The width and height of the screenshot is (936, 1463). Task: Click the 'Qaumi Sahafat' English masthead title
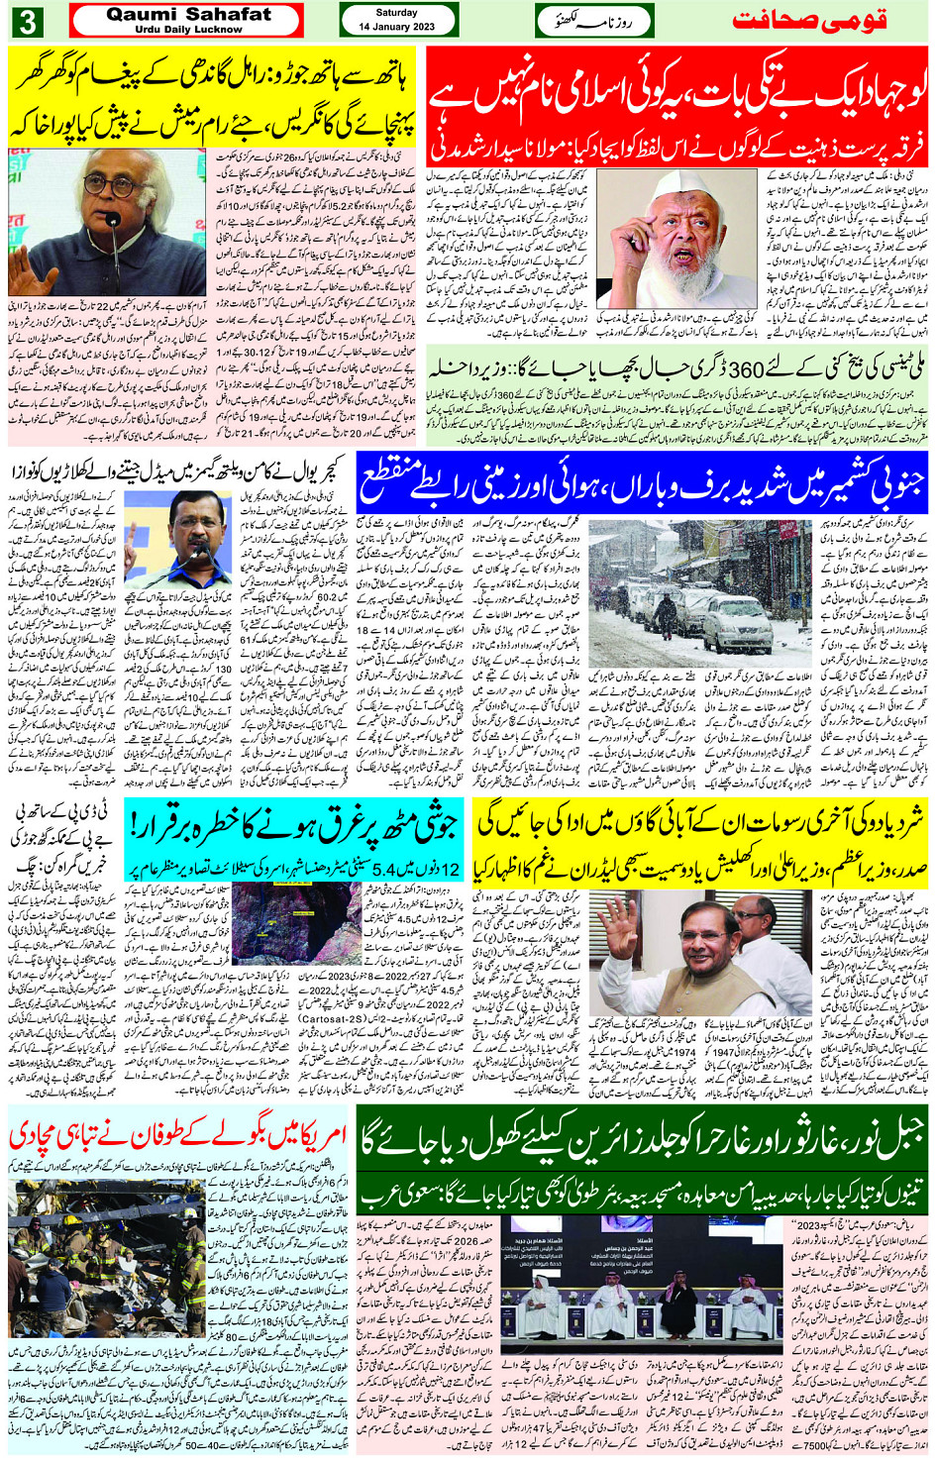pyautogui.click(x=188, y=15)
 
